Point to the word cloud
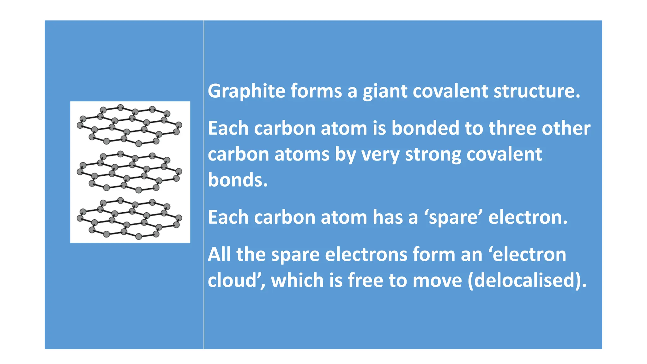click(232, 280)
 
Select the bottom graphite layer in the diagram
click(130, 218)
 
